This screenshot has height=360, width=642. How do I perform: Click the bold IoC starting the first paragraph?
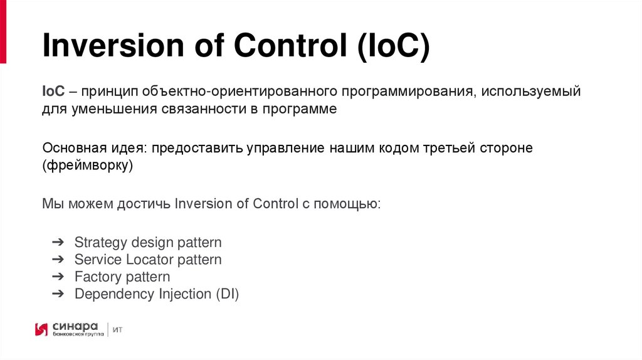(x=53, y=92)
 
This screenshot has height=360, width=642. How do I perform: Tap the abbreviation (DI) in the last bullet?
(x=227, y=294)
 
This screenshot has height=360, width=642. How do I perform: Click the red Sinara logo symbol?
(x=41, y=329)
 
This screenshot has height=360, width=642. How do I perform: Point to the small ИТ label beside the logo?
(x=118, y=329)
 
